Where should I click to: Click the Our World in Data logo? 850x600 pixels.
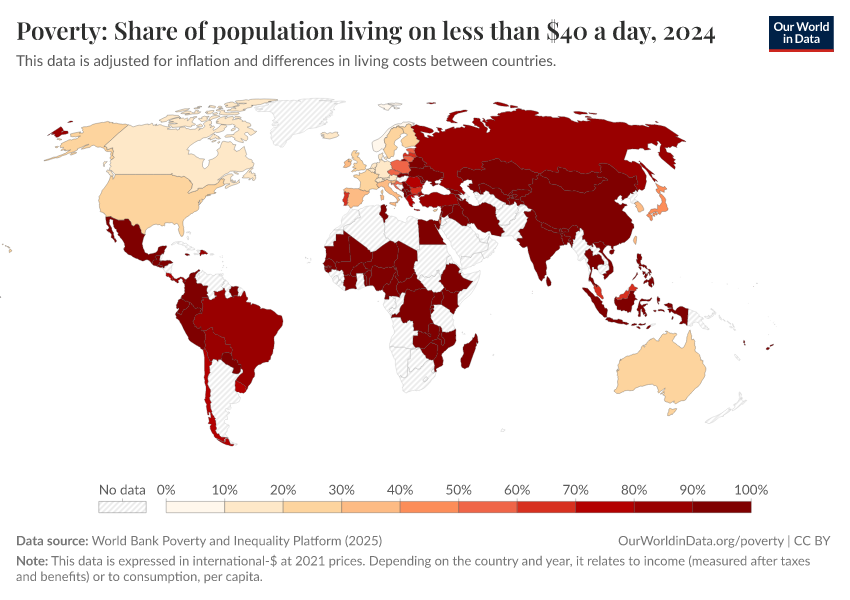coord(801,33)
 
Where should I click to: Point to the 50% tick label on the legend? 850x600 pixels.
coord(458,490)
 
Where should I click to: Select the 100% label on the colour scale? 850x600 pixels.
coord(750,490)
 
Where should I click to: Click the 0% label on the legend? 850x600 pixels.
coord(167,490)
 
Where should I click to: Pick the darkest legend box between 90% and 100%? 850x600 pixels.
coord(721,508)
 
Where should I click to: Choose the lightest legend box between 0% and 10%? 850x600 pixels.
coord(181,508)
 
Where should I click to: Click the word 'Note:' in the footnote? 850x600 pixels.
coord(33,562)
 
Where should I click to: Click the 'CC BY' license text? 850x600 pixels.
coord(812,540)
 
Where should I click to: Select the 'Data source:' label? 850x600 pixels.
coord(52,540)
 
